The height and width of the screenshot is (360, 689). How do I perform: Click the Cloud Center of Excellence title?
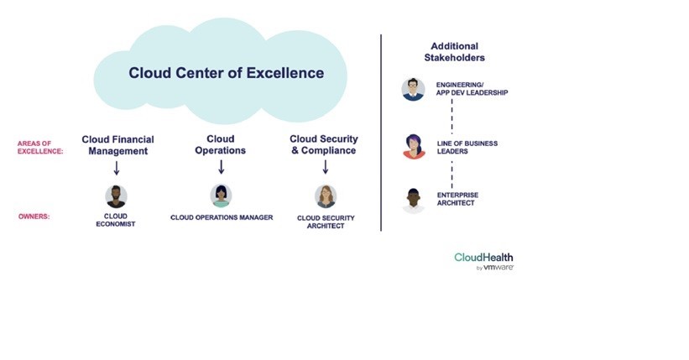pos(226,73)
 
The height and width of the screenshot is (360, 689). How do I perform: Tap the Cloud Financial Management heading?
pos(117,144)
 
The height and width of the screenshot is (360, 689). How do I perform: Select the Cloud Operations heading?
pos(222,144)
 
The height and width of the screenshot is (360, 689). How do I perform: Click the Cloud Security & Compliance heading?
pos(324,144)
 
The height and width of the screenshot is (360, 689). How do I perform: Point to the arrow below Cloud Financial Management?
pos(117,168)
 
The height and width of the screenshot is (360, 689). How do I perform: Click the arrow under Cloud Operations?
pos(222,167)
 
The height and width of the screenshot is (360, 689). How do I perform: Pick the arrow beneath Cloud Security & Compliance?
pos(326,167)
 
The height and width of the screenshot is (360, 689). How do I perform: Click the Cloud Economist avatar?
pos(117,196)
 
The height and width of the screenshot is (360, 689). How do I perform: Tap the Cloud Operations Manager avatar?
pos(222,196)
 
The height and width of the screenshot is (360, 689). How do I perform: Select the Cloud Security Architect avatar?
pos(326,196)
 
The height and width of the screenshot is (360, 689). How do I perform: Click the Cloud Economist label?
pos(117,221)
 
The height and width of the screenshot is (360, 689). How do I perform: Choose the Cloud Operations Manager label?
pos(222,217)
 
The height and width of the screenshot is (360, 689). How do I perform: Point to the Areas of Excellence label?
pos(40,148)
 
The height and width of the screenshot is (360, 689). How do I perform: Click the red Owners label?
pos(34,217)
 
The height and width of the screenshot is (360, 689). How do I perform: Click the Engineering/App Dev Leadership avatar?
pos(414,89)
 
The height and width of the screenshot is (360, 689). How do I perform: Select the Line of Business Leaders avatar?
pos(414,147)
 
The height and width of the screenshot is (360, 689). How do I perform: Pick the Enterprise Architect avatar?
pos(414,200)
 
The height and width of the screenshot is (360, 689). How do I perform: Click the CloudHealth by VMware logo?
pos(483,260)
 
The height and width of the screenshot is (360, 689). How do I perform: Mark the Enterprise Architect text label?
pos(457,199)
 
